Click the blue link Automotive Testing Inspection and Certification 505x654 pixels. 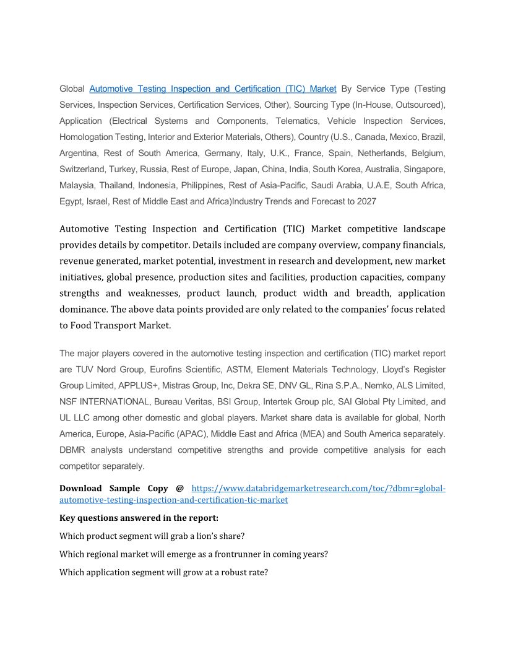(x=212, y=89)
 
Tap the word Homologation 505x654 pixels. (x=85, y=137)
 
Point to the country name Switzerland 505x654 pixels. (x=82, y=169)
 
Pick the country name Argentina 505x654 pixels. (x=79, y=153)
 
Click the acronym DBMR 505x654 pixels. (x=73, y=450)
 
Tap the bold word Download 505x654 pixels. (x=82, y=488)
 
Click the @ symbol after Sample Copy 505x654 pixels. (x=180, y=488)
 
